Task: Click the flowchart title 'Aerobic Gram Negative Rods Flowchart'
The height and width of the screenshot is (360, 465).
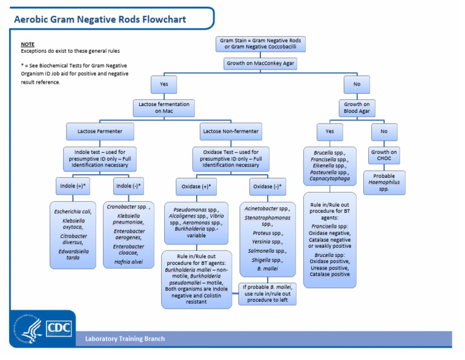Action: click(x=101, y=19)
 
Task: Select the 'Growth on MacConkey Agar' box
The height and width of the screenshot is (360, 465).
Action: click(x=261, y=63)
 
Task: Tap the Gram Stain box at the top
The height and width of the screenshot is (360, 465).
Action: click(x=261, y=44)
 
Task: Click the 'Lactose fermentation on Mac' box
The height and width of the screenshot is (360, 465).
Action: click(x=163, y=108)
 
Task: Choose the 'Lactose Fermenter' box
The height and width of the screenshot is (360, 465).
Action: click(x=99, y=131)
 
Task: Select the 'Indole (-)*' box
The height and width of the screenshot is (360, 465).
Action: click(x=128, y=185)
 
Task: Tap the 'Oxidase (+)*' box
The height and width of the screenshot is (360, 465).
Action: click(x=196, y=186)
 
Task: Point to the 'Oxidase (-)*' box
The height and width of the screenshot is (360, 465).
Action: click(x=267, y=186)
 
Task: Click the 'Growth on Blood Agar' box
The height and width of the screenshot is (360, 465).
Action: click(x=357, y=108)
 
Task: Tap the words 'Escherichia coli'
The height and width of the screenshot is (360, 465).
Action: click(x=73, y=211)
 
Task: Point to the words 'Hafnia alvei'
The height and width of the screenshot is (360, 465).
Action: click(x=128, y=262)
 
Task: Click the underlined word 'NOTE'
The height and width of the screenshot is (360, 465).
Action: click(x=27, y=45)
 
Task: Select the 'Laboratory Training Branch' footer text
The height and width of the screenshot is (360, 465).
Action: click(x=125, y=339)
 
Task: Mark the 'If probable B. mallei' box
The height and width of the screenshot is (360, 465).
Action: click(x=267, y=293)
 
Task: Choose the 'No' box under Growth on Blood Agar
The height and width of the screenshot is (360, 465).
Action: click(x=384, y=132)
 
